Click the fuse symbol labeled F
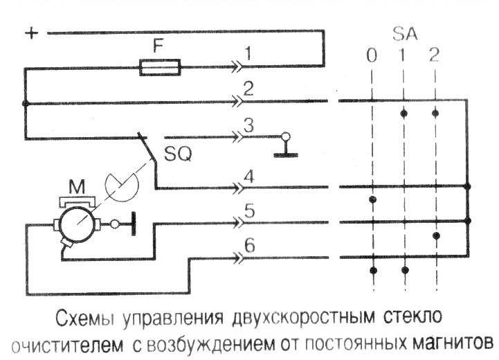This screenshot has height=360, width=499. coord(160,67)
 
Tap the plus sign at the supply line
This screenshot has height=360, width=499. coord(30,33)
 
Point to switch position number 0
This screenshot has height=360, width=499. coord(372,56)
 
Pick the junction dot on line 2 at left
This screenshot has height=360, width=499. coord(26,104)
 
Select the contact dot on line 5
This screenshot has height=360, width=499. coord(436,236)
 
